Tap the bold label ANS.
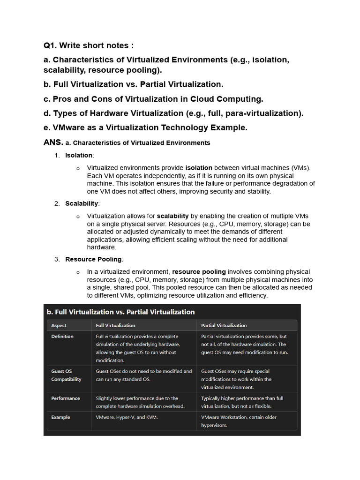point(53,142)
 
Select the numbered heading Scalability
point(82,203)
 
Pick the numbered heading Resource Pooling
point(93,259)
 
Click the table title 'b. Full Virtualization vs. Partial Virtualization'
point(120,312)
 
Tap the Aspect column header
point(59,325)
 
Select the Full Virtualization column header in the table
point(115,325)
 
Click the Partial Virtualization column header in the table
point(224,325)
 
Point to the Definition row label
point(62,337)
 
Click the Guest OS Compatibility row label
point(66,375)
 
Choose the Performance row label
point(66,398)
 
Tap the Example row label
point(61,417)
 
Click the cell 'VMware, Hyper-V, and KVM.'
point(127,417)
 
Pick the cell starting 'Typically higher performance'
point(242,402)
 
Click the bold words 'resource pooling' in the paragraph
point(199,272)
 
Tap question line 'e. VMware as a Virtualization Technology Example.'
point(146,127)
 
